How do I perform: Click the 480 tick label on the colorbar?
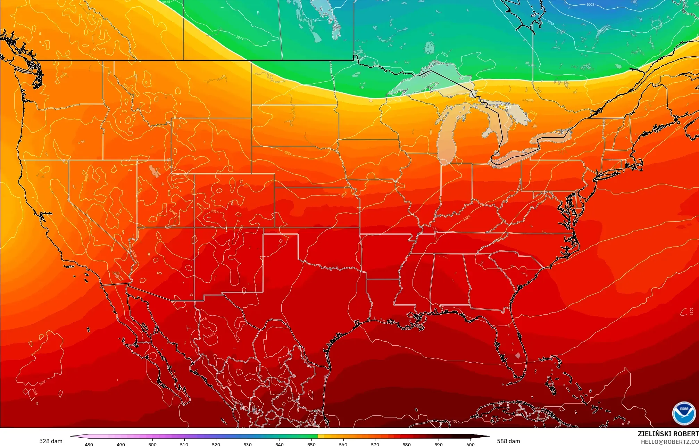pos(89,444)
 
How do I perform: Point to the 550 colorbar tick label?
pos(311,444)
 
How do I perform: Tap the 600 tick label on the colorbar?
pos(470,444)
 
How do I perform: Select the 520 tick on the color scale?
pos(216,444)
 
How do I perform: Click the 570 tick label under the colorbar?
pos(375,444)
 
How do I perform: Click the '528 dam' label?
pos(51,441)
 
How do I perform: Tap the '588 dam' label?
pos(508,441)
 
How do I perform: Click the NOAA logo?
pos(684,413)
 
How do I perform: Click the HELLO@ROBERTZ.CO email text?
pos(669,442)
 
